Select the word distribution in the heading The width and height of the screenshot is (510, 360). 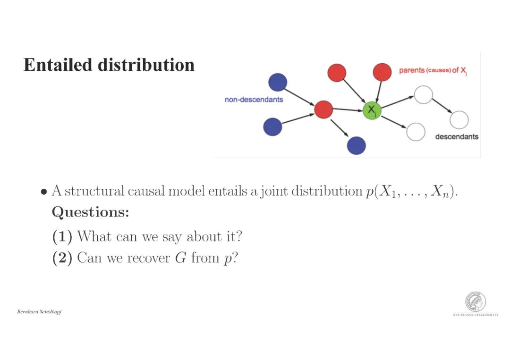(x=146, y=65)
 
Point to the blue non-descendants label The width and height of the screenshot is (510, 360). (x=254, y=100)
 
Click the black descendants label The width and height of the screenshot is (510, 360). (x=456, y=137)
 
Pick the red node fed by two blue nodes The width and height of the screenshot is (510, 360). (x=323, y=109)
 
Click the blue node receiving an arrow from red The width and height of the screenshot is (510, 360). (x=356, y=145)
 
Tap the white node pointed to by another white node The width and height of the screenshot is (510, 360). (x=459, y=120)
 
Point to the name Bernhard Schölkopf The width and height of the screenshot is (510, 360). (x=39, y=312)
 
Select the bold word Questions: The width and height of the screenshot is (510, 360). (x=90, y=212)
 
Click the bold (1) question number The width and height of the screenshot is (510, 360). (x=62, y=236)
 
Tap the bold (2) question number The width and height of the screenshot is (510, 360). (x=62, y=258)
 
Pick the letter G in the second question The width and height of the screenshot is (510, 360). (x=180, y=258)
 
